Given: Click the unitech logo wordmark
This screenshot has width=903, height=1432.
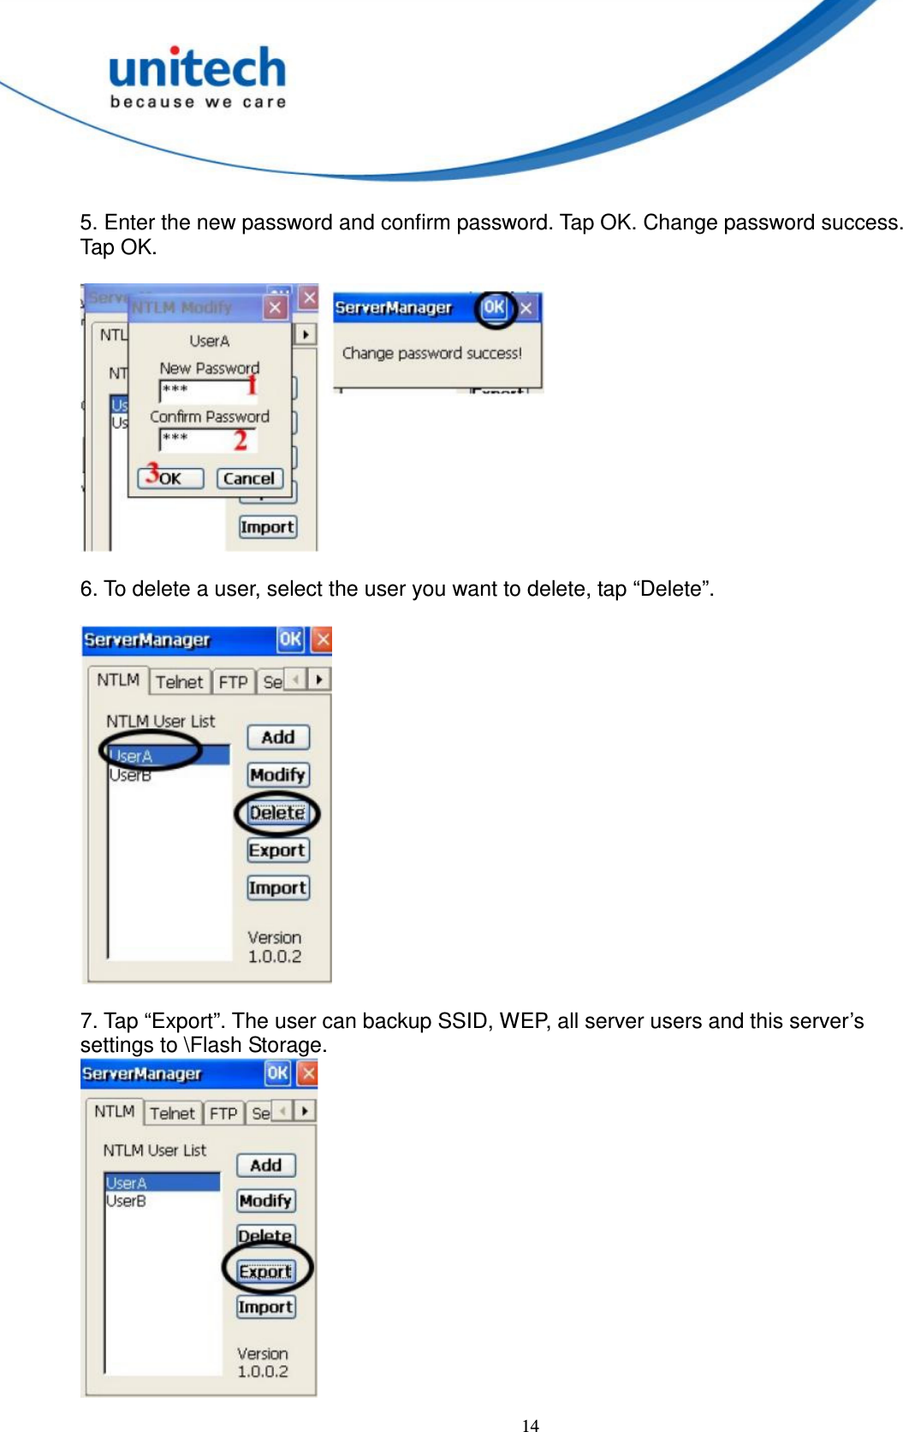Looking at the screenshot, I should pyautogui.click(x=198, y=69).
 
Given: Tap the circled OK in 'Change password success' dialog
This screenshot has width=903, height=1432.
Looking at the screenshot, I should pyautogui.click(x=494, y=307).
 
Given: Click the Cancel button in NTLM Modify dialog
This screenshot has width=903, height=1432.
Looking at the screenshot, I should pyautogui.click(x=249, y=478).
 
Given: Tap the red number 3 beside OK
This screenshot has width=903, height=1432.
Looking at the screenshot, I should pyautogui.click(x=151, y=472).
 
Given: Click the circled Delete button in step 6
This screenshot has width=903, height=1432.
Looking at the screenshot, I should pyautogui.click(x=277, y=812).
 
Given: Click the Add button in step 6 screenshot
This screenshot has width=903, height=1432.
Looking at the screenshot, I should pyautogui.click(x=278, y=737).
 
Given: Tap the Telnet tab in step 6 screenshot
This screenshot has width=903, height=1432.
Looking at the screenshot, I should pyautogui.click(x=180, y=682).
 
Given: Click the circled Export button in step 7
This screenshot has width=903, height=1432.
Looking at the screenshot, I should pyautogui.click(x=266, y=1271).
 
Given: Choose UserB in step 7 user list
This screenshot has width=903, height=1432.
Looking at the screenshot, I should pyautogui.click(x=127, y=1201).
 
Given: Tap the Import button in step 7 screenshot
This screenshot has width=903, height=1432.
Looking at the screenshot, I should pyautogui.click(x=265, y=1307).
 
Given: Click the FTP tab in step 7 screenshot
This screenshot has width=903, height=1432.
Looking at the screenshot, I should pyautogui.click(x=223, y=1114).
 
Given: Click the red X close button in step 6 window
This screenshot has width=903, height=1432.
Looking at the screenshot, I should pyautogui.click(x=322, y=639).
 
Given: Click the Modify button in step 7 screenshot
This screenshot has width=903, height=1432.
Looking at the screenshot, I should pyautogui.click(x=265, y=1200).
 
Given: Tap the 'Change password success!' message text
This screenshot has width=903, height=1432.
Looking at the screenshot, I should pyautogui.click(x=431, y=353).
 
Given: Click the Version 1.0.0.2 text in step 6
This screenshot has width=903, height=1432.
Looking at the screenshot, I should pyautogui.click(x=275, y=947).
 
